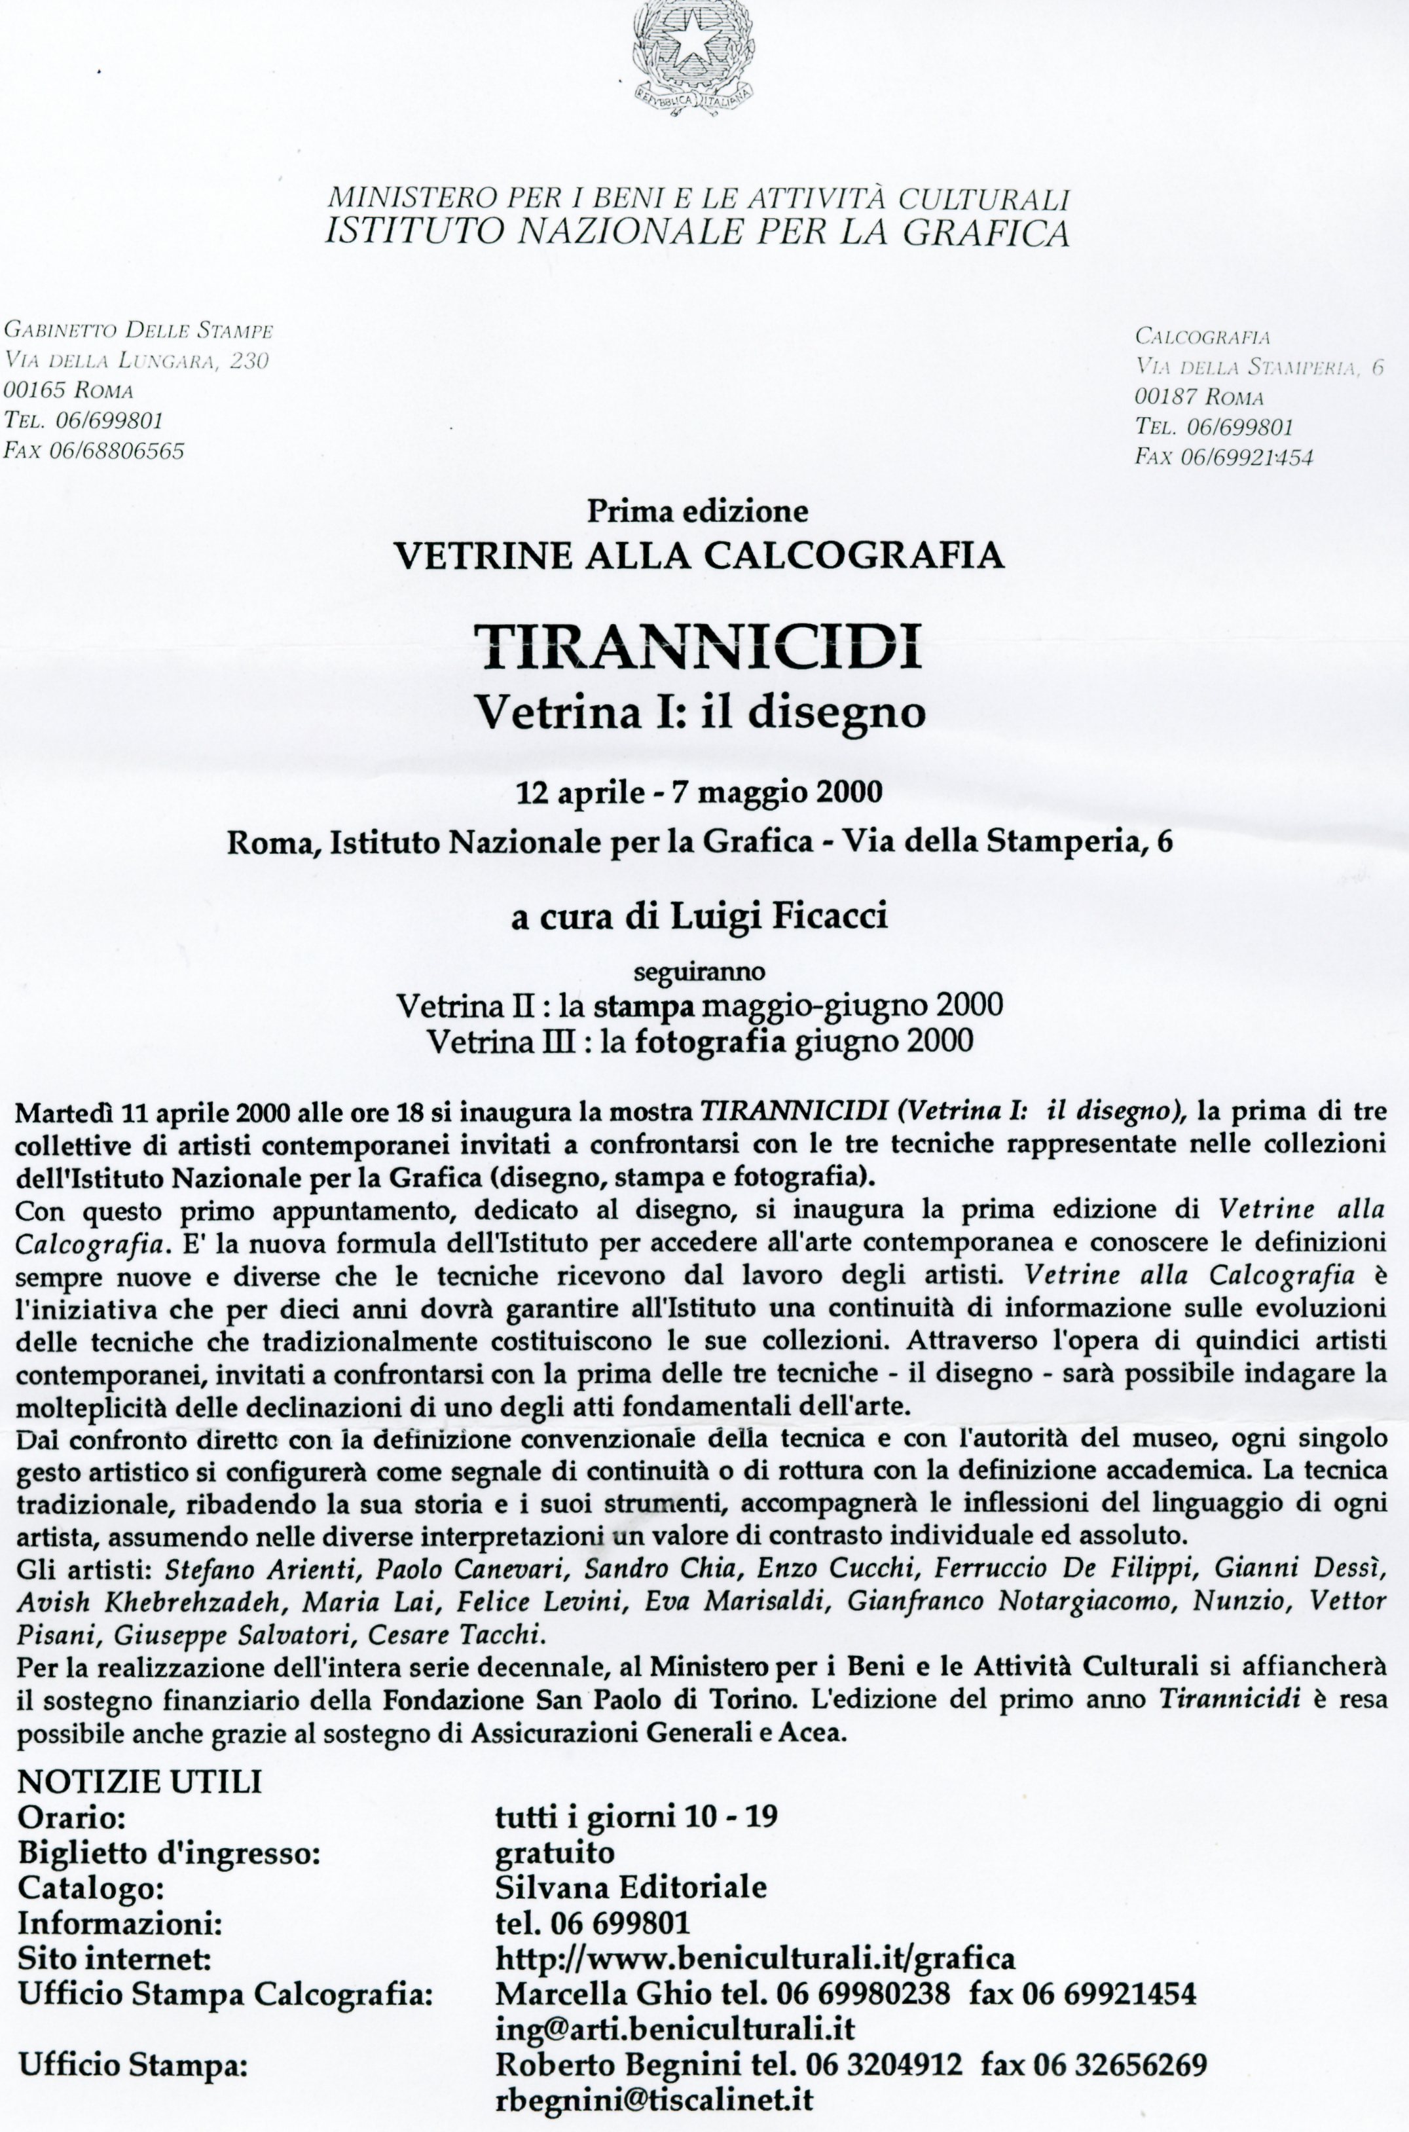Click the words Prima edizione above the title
coord(697,511)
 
